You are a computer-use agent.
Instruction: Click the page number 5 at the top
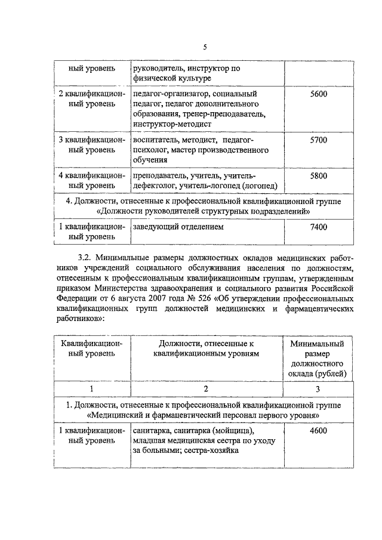[205, 47]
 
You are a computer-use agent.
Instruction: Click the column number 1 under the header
[91, 389]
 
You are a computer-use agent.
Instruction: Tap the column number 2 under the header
[205, 389]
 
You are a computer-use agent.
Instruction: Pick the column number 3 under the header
[318, 389]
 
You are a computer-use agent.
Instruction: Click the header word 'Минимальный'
[318, 344]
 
